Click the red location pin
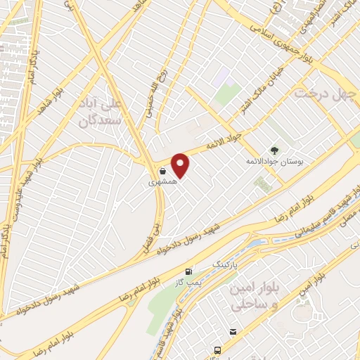(x=181, y=166)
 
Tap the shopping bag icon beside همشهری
(x=162, y=171)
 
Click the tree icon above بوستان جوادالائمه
(x=275, y=150)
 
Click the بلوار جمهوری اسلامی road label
(x=281, y=41)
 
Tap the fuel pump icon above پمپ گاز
(x=188, y=272)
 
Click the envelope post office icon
(x=233, y=331)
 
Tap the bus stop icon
(x=218, y=349)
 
